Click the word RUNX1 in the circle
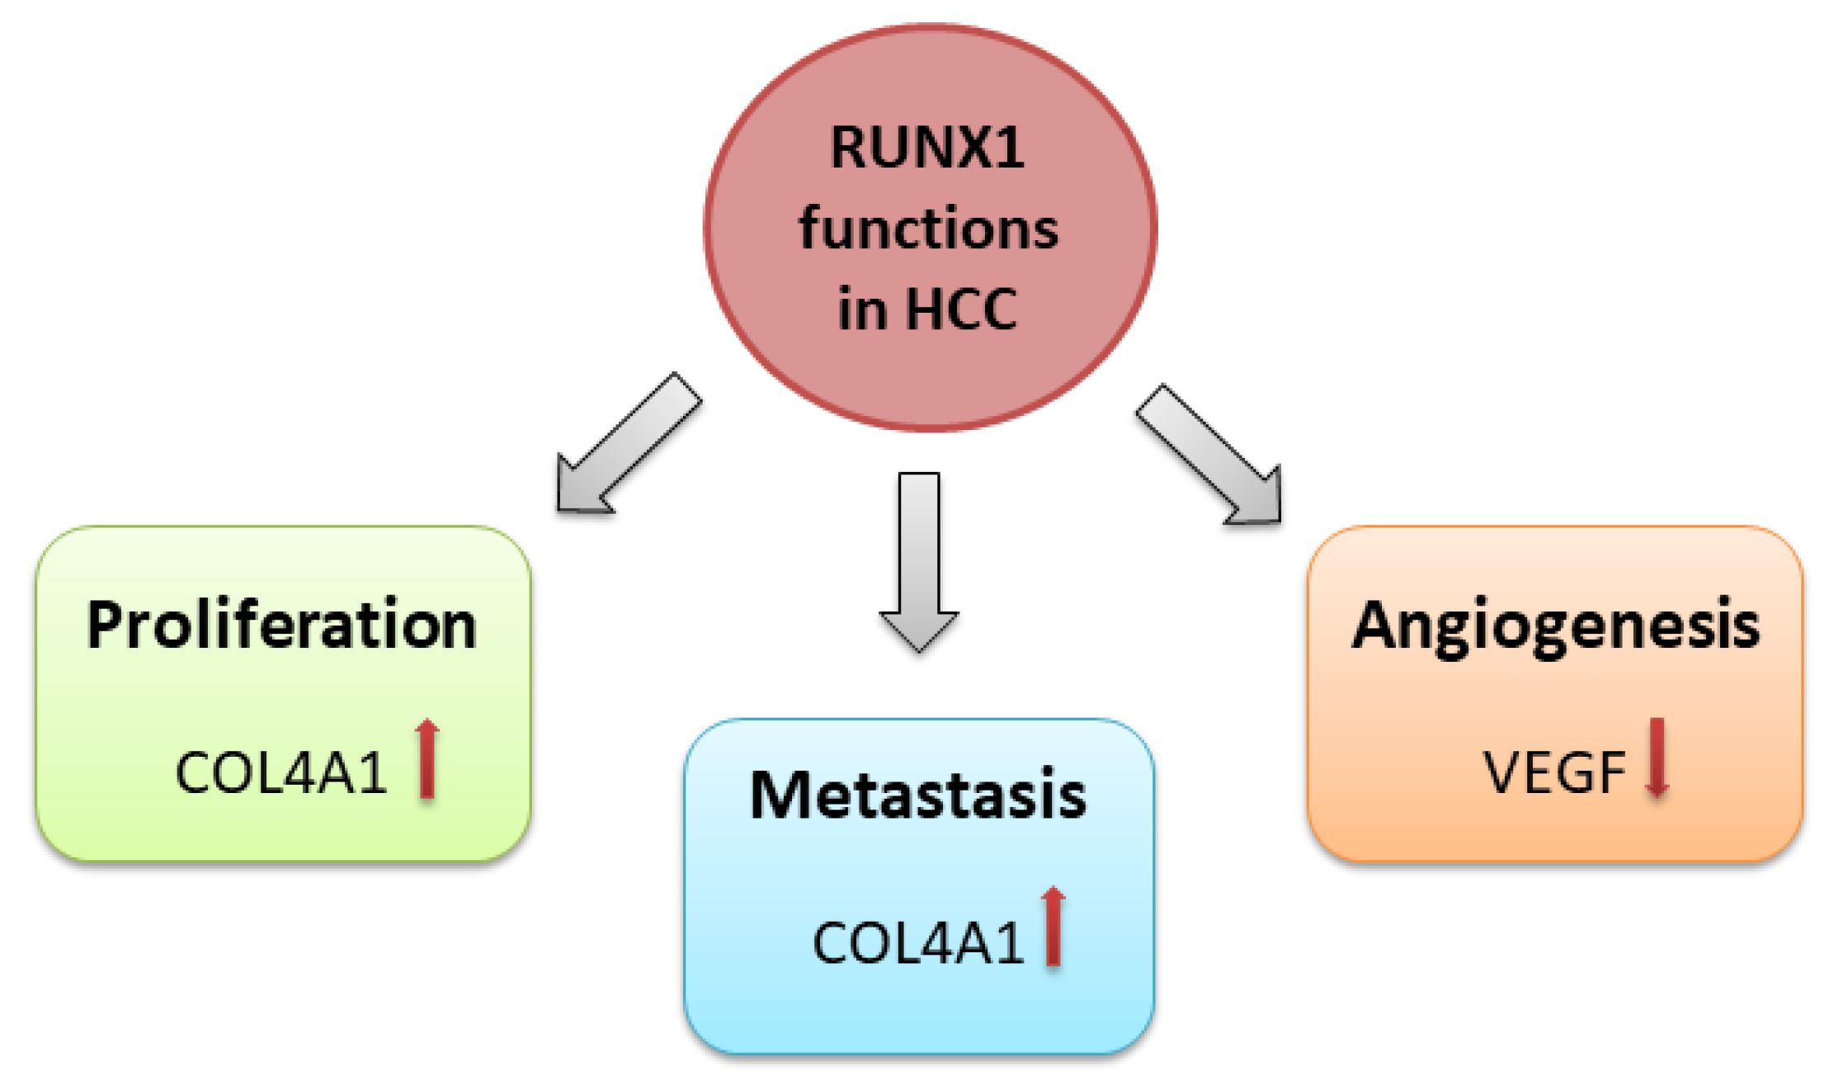click(x=926, y=148)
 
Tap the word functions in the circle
click(x=928, y=229)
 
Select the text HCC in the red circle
click(x=960, y=309)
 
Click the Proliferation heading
click(x=281, y=625)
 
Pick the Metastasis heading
click(x=917, y=795)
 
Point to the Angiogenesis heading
click(x=1554, y=626)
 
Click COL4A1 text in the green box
click(x=280, y=773)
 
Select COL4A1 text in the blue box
click(x=917, y=942)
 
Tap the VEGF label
click(x=1553, y=773)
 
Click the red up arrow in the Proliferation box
click(x=427, y=758)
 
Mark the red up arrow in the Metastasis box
click(x=1053, y=926)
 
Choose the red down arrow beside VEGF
click(x=1657, y=758)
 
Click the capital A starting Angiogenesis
click(x=1376, y=625)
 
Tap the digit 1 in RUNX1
click(x=1010, y=148)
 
